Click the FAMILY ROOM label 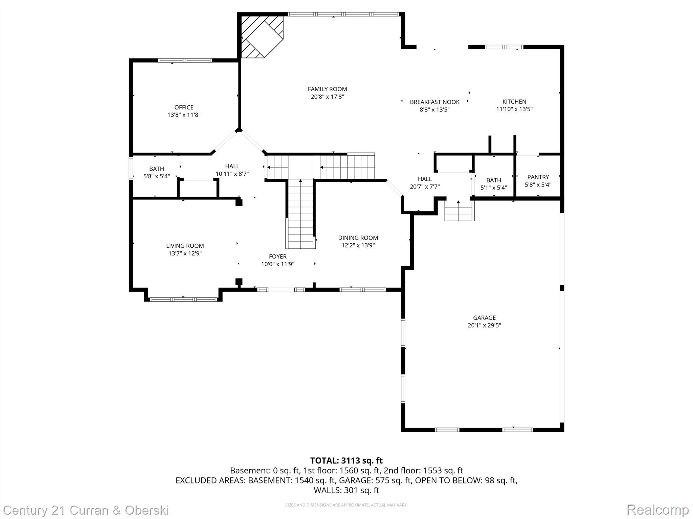click(x=327, y=89)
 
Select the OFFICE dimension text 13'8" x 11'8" click(x=184, y=115)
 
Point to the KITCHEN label click(x=514, y=102)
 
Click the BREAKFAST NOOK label click(x=434, y=102)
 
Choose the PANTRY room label click(x=538, y=177)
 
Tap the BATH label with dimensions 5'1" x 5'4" click(x=493, y=180)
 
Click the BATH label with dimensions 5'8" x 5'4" click(x=156, y=169)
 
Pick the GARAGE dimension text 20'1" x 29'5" click(x=484, y=325)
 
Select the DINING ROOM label click(x=358, y=238)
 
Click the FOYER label click(x=277, y=256)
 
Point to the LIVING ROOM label click(x=185, y=246)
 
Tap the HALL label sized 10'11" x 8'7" click(x=232, y=166)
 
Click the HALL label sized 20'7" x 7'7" click(x=425, y=179)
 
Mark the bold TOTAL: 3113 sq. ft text click(x=346, y=461)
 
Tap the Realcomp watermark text click(x=657, y=510)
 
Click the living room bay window click(x=183, y=299)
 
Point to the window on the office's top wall click(x=185, y=60)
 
